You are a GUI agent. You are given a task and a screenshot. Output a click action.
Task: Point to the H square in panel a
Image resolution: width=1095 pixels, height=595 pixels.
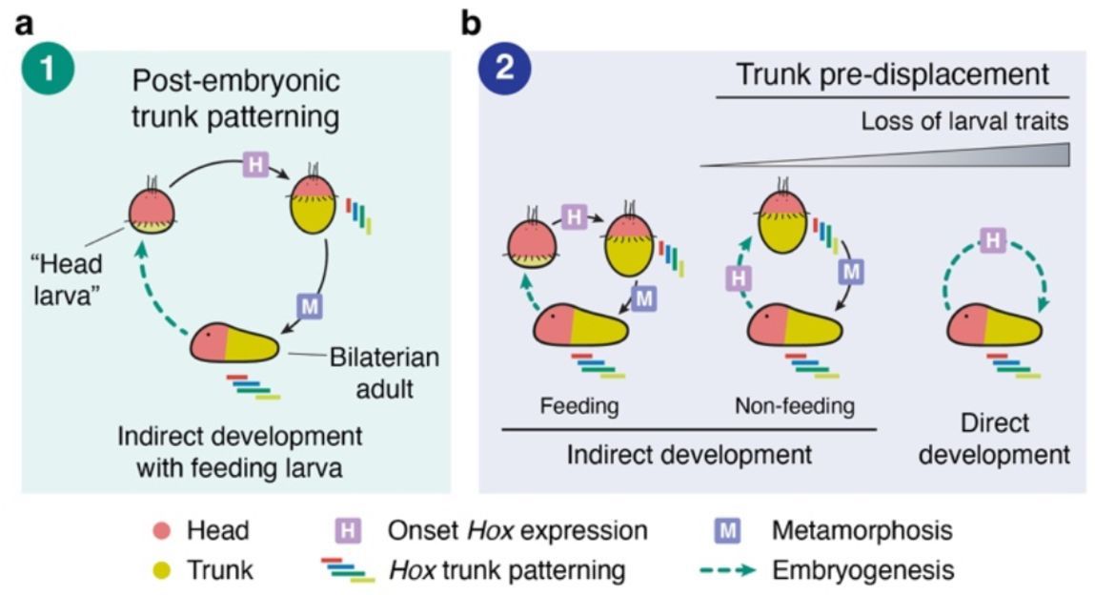(x=253, y=165)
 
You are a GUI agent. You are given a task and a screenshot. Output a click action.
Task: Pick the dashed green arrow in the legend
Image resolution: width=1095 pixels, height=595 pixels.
(x=736, y=570)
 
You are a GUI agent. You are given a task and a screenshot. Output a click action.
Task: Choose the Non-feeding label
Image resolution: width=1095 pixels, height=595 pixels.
(x=794, y=407)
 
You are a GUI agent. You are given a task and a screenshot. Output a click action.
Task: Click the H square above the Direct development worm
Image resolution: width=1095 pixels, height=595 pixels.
(x=992, y=240)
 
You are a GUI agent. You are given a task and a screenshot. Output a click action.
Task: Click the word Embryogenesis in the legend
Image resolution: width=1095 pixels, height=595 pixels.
(x=863, y=570)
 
